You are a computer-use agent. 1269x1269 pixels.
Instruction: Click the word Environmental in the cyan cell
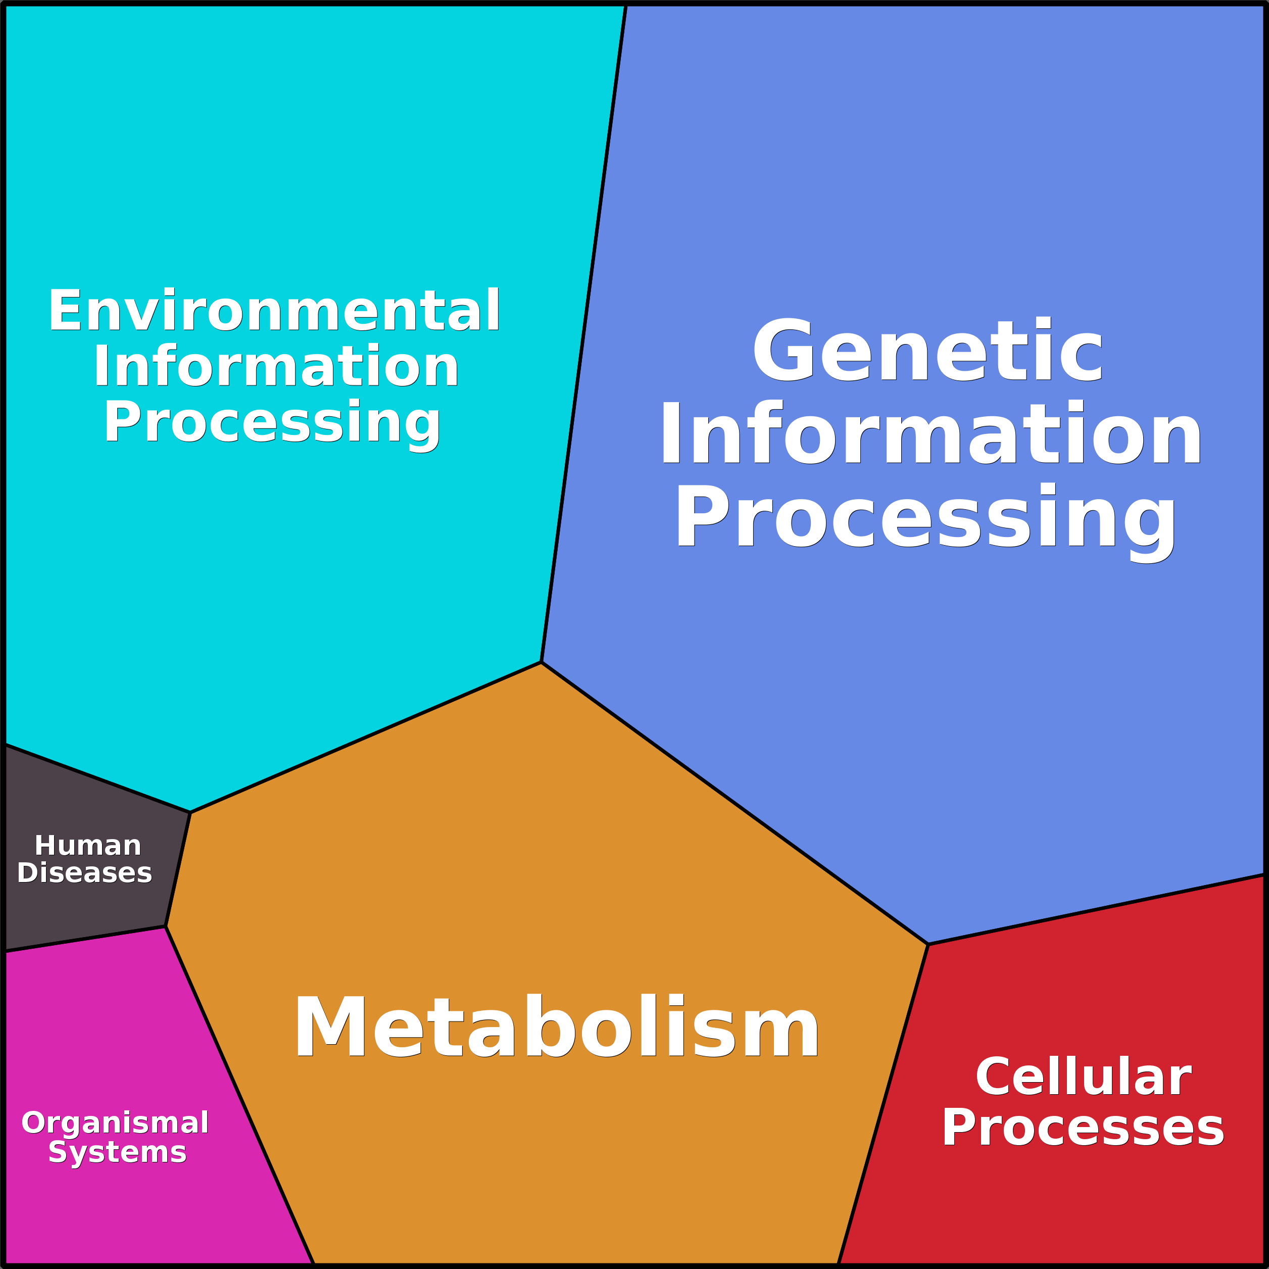coord(274,310)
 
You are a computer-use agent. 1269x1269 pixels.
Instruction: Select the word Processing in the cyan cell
coord(272,422)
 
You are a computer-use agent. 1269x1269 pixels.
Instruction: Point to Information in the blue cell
coord(931,433)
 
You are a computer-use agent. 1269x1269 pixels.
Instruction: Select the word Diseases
coord(85,873)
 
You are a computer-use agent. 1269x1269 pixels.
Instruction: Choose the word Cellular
coord(1083,1077)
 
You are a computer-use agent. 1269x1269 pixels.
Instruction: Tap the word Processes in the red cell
coord(1083,1128)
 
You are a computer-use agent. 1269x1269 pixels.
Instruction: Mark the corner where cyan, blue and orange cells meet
coord(541,662)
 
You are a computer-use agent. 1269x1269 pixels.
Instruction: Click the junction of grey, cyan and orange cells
coord(190,812)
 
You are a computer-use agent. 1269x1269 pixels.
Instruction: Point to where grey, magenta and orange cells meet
coord(166,927)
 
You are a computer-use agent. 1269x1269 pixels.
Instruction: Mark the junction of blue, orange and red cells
coord(928,944)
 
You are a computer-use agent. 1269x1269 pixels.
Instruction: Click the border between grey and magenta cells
coord(85,939)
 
